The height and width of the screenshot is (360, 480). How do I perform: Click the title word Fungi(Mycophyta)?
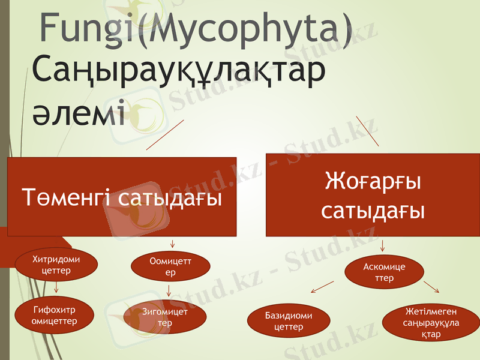pos(196,28)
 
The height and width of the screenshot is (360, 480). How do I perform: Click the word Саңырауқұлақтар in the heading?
pos(179,71)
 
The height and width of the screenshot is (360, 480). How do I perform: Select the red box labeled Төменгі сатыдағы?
pos(121,197)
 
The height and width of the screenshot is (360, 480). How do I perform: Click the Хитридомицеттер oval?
pos(56,265)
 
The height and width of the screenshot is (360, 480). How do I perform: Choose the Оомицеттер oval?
pos(170,266)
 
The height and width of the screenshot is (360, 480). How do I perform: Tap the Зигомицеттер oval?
pos(164,317)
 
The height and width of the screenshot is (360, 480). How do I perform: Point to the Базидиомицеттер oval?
pos(289,322)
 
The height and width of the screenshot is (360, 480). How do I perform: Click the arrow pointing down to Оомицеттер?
pos(173,243)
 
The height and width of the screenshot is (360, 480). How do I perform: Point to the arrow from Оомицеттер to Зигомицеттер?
pos(170,291)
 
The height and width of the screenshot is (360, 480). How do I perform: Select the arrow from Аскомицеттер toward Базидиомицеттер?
pos(322,287)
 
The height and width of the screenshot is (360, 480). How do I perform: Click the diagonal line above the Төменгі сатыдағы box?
pos(164,135)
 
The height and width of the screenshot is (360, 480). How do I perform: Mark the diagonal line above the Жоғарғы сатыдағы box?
pos(367,131)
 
